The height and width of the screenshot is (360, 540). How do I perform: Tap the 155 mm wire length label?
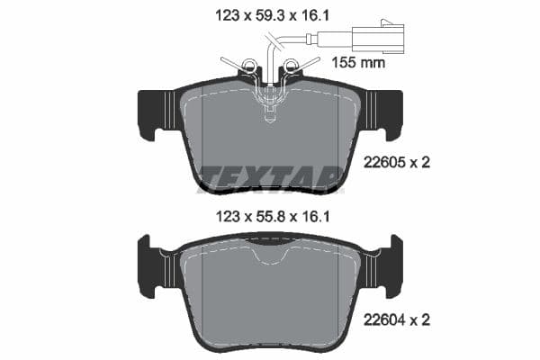coord(360,63)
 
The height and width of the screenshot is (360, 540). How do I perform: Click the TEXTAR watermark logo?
coord(270,176)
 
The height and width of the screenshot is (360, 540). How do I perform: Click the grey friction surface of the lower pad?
coord(270,297)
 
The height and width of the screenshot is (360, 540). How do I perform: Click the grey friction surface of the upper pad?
coord(270,144)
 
